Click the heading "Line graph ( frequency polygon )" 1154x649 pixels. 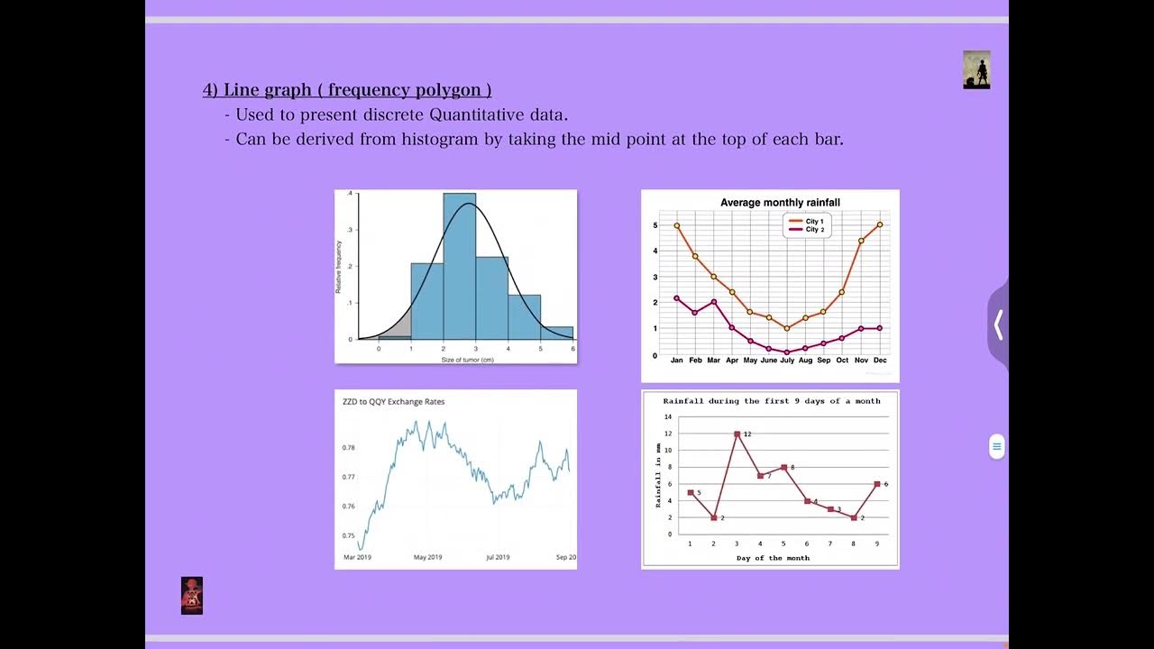347,89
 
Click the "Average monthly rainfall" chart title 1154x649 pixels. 780,203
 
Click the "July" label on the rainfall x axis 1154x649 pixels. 786,361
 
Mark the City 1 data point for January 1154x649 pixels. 677,225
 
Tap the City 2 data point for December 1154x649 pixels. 880,328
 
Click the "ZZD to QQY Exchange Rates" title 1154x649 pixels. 393,402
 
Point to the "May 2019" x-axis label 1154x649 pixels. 428,557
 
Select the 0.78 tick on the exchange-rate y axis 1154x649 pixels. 349,448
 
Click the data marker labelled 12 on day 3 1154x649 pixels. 737,434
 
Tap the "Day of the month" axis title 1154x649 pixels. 773,558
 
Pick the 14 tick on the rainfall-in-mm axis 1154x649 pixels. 668,417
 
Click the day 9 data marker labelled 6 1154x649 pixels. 876,484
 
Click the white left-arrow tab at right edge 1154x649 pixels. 998,324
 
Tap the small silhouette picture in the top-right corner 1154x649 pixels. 976,69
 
